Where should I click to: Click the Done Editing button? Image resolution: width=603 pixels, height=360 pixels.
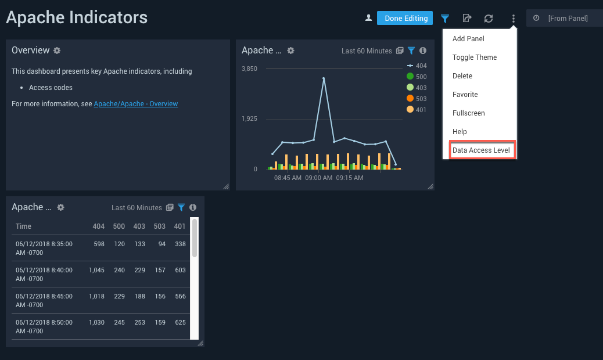405,19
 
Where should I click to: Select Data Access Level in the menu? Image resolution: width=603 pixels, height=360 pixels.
481,150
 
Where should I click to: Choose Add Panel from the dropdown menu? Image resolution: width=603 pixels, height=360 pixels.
468,39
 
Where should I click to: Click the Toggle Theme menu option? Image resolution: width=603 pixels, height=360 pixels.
475,57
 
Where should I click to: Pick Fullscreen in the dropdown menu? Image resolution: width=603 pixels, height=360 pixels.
468,113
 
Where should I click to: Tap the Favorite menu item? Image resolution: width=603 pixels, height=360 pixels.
465,95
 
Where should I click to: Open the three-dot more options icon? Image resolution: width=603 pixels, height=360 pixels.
513,19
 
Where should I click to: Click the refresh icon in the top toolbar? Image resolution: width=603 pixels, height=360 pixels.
489,19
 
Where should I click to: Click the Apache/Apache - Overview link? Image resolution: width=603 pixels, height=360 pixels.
136,104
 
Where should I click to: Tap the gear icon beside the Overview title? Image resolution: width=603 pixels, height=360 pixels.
57,51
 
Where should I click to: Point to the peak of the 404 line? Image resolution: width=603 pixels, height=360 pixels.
324,78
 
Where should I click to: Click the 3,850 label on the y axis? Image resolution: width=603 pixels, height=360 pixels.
249,69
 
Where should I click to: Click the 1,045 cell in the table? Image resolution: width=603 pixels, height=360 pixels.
96,270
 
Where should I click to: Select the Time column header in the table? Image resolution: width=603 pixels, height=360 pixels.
24,226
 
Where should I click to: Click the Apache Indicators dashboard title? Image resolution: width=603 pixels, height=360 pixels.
77,17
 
